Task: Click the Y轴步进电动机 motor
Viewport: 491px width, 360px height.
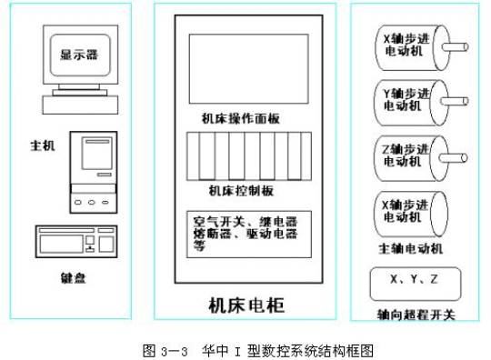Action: tap(400, 99)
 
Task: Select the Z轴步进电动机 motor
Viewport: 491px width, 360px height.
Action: tap(400, 155)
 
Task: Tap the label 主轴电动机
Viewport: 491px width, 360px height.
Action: tap(410, 247)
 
